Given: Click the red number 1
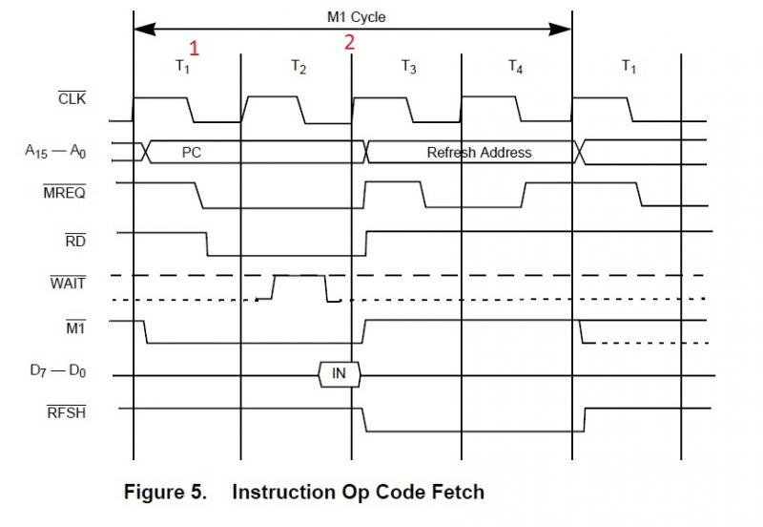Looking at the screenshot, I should pos(195,47).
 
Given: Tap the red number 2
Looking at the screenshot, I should pos(349,42).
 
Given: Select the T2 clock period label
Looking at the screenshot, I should pos(299,67).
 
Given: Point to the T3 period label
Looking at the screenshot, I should pos(408,67).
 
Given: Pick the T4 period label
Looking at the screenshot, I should pos(515,67).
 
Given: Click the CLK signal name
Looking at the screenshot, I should pos(72,97).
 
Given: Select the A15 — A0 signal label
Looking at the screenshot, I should pos(54,150).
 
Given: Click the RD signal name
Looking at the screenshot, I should pos(75,241).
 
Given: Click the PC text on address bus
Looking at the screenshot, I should pos(191,152).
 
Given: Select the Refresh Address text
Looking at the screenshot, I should pos(479,152).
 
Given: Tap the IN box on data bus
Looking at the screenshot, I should pos(339,374).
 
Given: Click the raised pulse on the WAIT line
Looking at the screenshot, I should pos(299,277).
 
